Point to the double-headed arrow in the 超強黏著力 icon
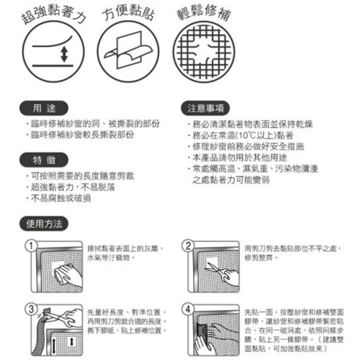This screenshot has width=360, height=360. (x=64, y=54)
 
